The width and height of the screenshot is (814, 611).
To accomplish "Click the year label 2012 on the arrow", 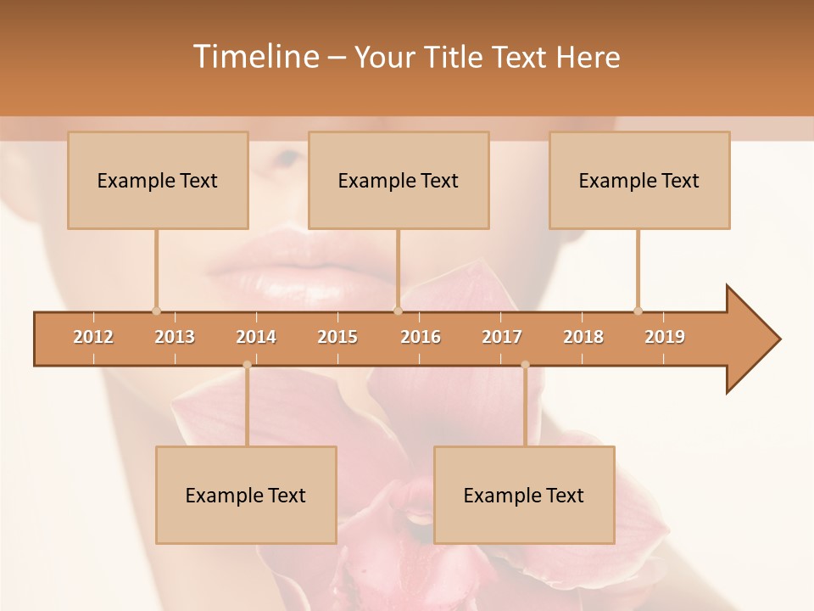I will point(93,337).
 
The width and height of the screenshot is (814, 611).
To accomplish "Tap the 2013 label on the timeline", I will point(175,337).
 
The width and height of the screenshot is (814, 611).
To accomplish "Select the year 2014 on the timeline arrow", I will point(256,337).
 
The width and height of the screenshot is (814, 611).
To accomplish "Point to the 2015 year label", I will point(337,337).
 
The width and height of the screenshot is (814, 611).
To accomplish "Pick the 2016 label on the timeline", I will point(421,337).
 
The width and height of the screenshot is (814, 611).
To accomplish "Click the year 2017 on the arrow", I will point(502,337).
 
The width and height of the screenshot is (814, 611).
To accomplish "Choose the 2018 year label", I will point(583,337).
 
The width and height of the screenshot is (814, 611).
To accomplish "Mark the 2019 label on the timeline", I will point(665,337).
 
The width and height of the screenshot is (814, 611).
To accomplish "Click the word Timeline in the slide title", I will point(255,57).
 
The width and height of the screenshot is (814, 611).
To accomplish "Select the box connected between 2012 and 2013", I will point(158,180).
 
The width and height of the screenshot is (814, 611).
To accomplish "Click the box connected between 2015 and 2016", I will point(399,180).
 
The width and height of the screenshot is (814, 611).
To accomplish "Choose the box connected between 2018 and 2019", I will point(639,180).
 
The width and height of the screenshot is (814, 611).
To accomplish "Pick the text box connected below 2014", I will point(246,495).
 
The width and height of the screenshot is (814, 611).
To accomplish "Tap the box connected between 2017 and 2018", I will point(524,495).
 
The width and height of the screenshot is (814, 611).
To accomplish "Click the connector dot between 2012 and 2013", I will point(156,311).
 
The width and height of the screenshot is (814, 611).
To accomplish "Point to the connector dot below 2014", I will point(247,365).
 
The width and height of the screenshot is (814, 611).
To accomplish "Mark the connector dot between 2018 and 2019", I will point(638,311).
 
